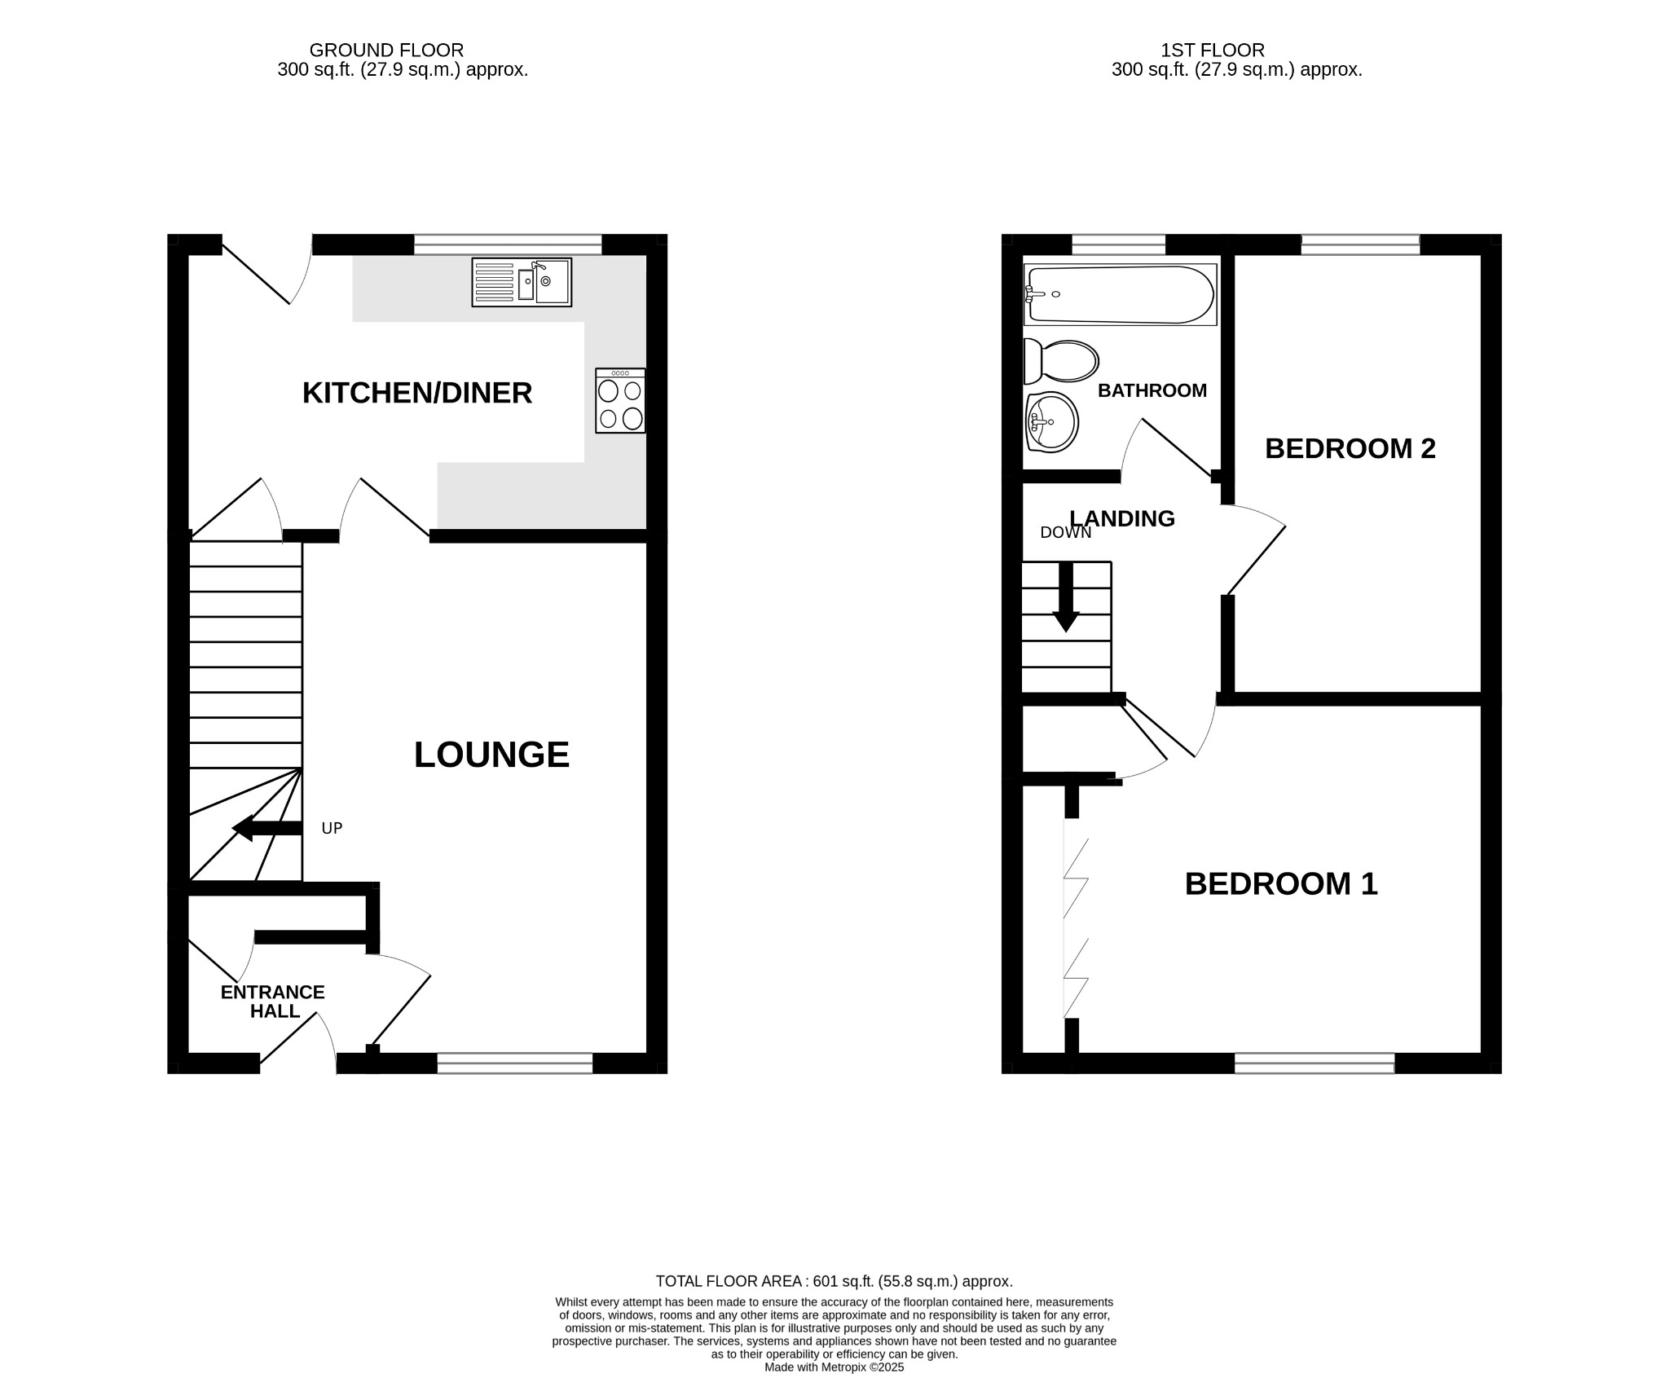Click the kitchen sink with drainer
pyautogui.click(x=522, y=282)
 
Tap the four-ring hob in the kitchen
pyautogui.click(x=620, y=400)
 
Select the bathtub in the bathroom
pyautogui.click(x=1120, y=294)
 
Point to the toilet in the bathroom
pyautogui.click(x=1061, y=361)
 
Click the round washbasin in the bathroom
pyautogui.click(x=1052, y=422)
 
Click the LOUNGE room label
pyautogui.click(x=491, y=755)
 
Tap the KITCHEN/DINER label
pyautogui.click(x=417, y=393)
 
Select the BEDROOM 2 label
pyautogui.click(x=1350, y=448)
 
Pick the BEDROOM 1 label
pyautogui.click(x=1280, y=883)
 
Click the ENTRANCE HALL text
pyautogui.click(x=273, y=1002)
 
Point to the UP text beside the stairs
pyautogui.click(x=332, y=828)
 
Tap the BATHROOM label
pyautogui.click(x=1152, y=390)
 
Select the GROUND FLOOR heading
pyautogui.click(x=386, y=51)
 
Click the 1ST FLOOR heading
pyautogui.click(x=1212, y=51)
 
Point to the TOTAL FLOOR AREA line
pyautogui.click(x=834, y=1281)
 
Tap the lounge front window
pyautogui.click(x=515, y=1063)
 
